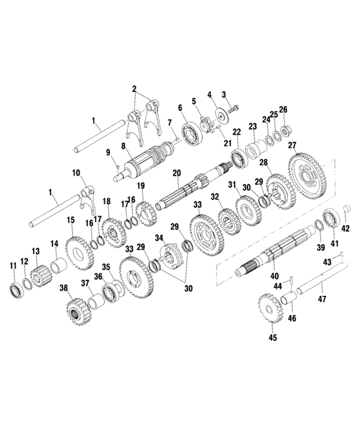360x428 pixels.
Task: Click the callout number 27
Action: coord(292,145)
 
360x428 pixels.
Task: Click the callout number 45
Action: coord(273,337)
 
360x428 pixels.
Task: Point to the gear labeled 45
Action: coord(269,308)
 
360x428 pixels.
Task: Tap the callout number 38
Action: coord(63,288)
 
